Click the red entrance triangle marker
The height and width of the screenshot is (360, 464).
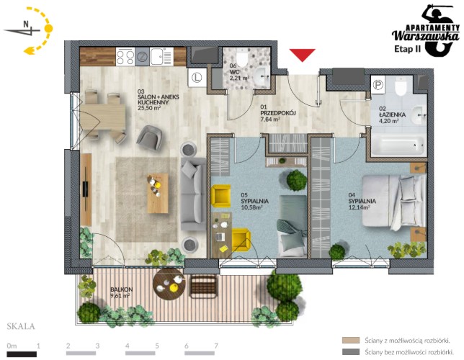pyautogui.click(x=302, y=55)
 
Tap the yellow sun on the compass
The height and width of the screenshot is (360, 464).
pyautogui.click(x=48, y=28)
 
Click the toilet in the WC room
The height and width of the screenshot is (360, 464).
pyautogui.click(x=242, y=58)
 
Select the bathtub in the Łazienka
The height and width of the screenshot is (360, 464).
pyautogui.click(x=399, y=145)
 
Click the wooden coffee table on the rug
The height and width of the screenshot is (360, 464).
pyautogui.click(x=157, y=193)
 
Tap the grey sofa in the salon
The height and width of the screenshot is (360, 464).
pyautogui.click(x=193, y=194)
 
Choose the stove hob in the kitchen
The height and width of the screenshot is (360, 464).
pyautogui.click(x=125, y=56)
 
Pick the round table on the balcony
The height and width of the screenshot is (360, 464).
pyautogui.click(x=169, y=284)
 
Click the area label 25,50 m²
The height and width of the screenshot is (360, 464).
pyautogui.click(x=149, y=108)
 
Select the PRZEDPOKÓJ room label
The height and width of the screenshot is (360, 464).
pyautogui.click(x=278, y=113)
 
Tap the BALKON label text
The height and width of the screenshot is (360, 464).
pyautogui.click(x=121, y=289)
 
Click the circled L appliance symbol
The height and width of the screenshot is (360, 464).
pyautogui.click(x=197, y=78)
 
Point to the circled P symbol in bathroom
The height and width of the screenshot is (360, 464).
pyautogui.click(x=378, y=85)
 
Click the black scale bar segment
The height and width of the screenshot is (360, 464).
pyautogui.click(x=22, y=354)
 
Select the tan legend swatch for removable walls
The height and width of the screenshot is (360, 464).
pyautogui.click(x=351, y=340)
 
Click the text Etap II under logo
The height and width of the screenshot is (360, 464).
pyautogui.click(x=408, y=49)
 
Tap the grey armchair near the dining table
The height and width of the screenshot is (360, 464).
pyautogui.click(x=149, y=138)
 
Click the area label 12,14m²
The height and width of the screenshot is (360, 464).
pyautogui.click(x=360, y=207)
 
